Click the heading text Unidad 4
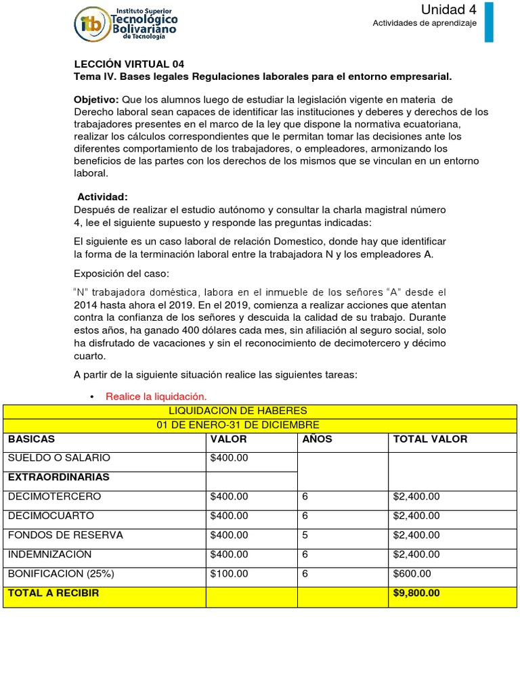point(443,9)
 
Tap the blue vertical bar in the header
point(489,22)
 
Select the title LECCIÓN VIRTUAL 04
point(128,64)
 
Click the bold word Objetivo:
point(96,100)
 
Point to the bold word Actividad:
point(102,196)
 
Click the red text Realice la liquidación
point(155,397)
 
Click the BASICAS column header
point(31,439)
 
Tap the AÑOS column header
point(317,439)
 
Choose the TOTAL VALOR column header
point(429,439)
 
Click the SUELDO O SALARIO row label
point(58,458)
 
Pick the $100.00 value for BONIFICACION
point(229,574)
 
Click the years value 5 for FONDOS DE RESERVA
point(305,535)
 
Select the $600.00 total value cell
point(412,574)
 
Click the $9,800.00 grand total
point(416,594)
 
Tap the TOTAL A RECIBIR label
point(53,594)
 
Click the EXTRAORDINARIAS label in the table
point(58,477)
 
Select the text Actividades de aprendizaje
point(425,24)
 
